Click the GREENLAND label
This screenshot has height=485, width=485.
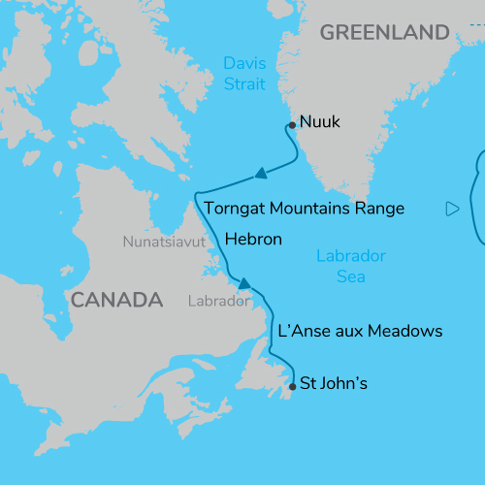[x=385, y=33]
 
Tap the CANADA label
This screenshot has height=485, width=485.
[x=115, y=300]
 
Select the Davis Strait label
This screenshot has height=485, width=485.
[x=244, y=73]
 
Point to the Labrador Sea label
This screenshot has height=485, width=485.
[x=351, y=266]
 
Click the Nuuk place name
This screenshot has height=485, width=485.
[x=321, y=122]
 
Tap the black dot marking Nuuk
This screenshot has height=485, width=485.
[x=291, y=124]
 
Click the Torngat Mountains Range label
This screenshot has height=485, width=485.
[x=304, y=209]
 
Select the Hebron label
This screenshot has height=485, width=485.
[x=253, y=239]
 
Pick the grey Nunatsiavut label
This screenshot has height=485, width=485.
[x=164, y=242]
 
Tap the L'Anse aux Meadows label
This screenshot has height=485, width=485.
[x=360, y=332]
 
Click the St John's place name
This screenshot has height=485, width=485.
[x=334, y=383]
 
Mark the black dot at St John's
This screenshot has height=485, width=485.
[x=292, y=386]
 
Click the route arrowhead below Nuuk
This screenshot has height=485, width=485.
[x=259, y=176]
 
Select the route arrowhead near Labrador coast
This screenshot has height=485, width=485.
[x=244, y=284]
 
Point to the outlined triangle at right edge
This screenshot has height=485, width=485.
[x=451, y=209]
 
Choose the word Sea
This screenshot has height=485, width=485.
[x=350, y=276]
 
